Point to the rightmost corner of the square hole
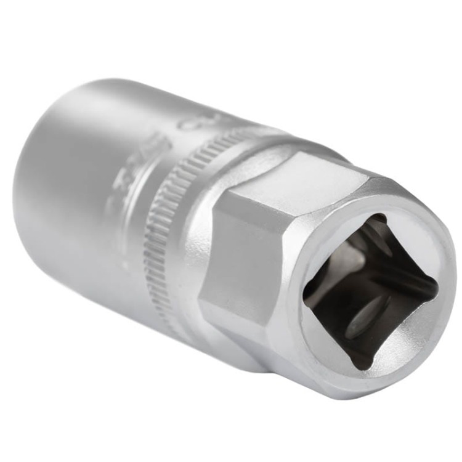pos(437,288)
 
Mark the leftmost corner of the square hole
pos(305,299)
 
